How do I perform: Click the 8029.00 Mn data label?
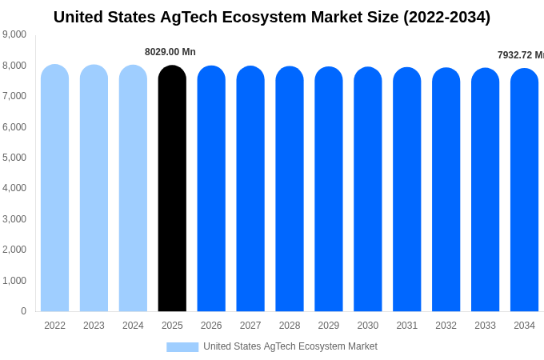click(x=170, y=52)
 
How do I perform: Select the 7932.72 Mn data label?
click(x=520, y=55)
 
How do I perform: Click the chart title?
click(x=272, y=17)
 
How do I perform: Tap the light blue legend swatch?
click(x=182, y=347)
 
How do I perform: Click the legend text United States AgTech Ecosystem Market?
click(x=290, y=346)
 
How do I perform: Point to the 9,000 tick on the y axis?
click(x=14, y=34)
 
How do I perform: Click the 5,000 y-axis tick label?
click(x=14, y=158)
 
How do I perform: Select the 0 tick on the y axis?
click(x=23, y=311)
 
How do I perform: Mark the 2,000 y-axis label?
click(x=14, y=250)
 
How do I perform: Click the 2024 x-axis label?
click(x=133, y=326)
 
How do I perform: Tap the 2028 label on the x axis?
click(x=290, y=326)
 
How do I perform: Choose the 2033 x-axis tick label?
click(x=485, y=326)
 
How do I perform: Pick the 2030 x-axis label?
click(x=368, y=326)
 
